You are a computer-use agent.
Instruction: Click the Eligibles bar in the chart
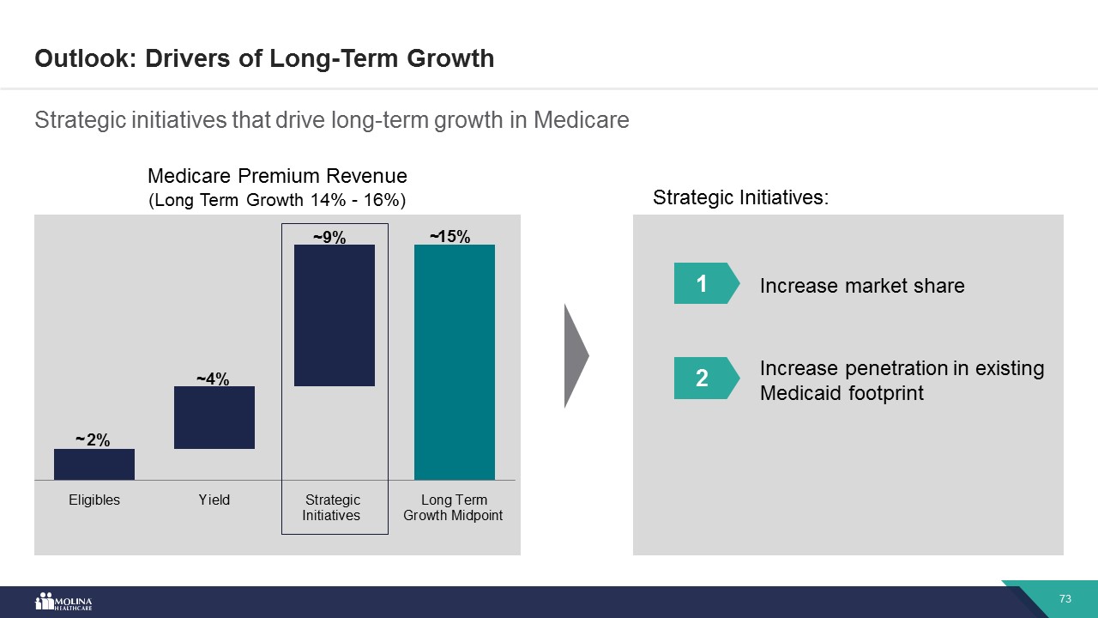[x=94, y=464]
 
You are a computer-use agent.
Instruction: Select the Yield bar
[x=214, y=417]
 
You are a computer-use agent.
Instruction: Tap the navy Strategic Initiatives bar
[x=335, y=315]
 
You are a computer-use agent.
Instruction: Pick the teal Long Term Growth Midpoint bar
[x=455, y=361]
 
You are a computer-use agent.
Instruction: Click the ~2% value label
[x=93, y=440]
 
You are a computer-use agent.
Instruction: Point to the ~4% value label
[x=213, y=379]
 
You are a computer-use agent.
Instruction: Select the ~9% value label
[x=329, y=238]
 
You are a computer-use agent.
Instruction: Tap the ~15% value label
[x=450, y=237]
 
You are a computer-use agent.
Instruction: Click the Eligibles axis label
[x=94, y=500]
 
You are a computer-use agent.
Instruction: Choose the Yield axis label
[x=214, y=500]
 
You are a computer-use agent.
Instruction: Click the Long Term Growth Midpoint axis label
[x=453, y=507]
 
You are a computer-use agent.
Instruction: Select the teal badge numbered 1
[x=702, y=283]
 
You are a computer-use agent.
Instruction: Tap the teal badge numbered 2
[x=702, y=378]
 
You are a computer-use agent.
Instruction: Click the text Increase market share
[x=862, y=286]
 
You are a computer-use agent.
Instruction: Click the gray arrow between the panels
[x=576, y=354]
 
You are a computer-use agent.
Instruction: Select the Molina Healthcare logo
[x=63, y=602]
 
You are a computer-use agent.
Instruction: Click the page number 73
[x=1065, y=598]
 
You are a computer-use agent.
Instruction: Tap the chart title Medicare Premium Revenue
[x=277, y=176]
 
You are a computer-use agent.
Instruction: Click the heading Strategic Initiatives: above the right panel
[x=741, y=197]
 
